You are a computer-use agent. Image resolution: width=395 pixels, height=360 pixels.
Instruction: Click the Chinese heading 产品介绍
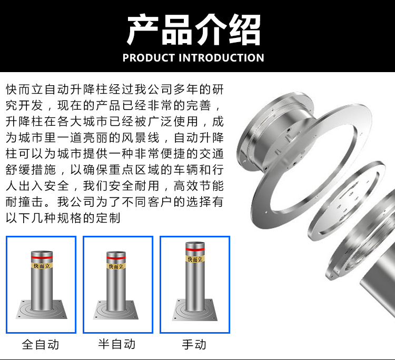click(194, 29)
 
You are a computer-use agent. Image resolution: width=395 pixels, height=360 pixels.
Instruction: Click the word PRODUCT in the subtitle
click(149, 58)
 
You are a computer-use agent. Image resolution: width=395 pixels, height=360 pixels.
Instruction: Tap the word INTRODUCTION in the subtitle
click(221, 58)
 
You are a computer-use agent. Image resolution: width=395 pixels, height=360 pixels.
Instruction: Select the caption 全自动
click(41, 344)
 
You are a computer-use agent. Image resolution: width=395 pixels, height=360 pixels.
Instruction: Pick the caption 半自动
click(117, 344)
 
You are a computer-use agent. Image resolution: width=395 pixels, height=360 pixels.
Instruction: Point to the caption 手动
click(194, 344)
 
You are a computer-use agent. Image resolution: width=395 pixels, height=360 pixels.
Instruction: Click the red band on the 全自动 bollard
click(42, 257)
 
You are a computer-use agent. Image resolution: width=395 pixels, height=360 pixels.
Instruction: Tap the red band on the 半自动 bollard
click(116, 258)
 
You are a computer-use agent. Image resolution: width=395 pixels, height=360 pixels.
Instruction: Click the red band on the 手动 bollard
click(195, 249)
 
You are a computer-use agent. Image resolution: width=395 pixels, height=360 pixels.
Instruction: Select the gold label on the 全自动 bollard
click(42, 265)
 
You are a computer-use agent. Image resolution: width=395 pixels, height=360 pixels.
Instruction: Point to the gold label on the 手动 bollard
click(195, 259)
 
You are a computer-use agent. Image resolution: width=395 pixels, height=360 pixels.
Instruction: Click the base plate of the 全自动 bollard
click(42, 309)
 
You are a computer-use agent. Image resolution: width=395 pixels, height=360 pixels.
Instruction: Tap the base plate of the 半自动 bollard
click(116, 310)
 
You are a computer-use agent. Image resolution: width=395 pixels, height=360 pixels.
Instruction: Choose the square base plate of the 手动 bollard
click(195, 310)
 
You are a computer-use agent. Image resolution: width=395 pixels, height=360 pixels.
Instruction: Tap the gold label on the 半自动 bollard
click(116, 266)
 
